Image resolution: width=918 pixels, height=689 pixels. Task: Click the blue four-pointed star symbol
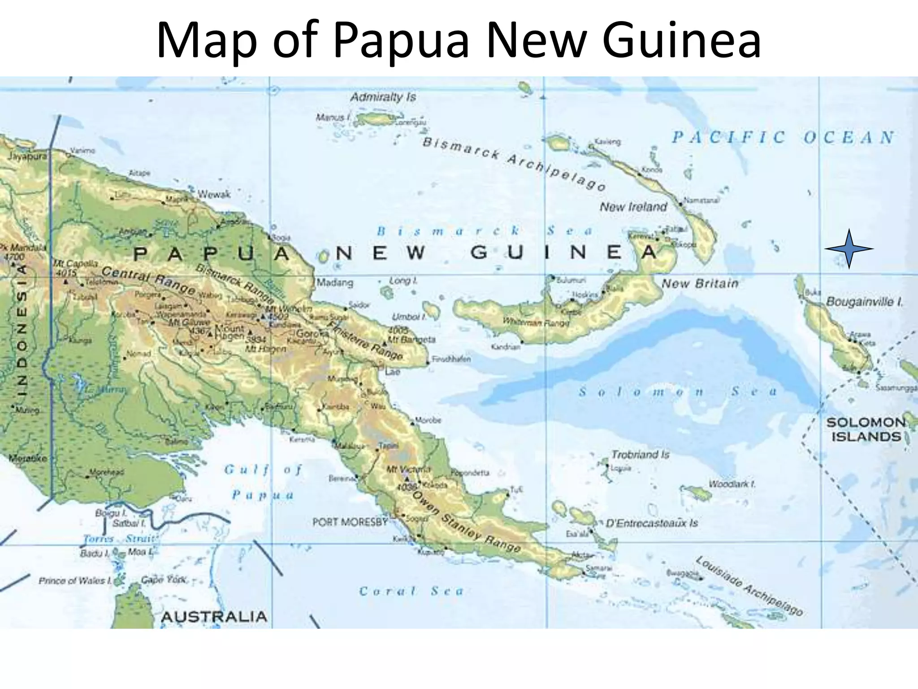(849, 249)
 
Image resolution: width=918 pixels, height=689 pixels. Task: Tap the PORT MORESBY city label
(350, 522)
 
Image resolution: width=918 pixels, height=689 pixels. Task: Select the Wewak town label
(214, 194)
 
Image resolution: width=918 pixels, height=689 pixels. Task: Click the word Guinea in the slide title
(681, 39)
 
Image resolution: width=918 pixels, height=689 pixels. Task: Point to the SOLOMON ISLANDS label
(866, 429)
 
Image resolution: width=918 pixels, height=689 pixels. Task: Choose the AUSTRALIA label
(214, 617)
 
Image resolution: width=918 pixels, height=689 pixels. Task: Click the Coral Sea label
(411, 591)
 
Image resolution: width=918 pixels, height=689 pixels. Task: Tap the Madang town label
(335, 283)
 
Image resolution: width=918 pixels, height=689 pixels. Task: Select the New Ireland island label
(633, 207)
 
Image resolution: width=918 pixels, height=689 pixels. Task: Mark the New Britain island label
(700, 283)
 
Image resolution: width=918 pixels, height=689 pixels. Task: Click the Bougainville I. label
(864, 302)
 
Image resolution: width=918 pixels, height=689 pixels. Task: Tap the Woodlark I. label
(732, 484)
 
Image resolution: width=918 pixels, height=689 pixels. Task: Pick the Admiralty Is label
(383, 97)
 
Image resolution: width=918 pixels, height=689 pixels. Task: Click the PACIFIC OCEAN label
(783, 137)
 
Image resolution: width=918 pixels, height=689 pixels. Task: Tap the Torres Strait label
(119, 539)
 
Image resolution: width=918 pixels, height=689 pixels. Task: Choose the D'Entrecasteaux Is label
(652, 523)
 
